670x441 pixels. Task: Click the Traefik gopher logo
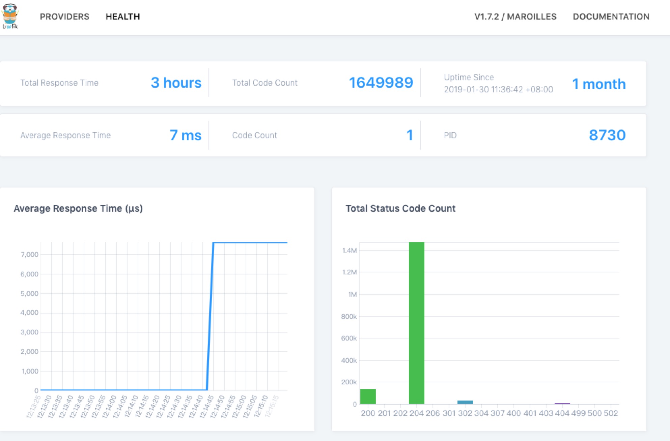10,16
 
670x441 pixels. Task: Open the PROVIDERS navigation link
64,17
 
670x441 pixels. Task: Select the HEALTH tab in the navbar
122,17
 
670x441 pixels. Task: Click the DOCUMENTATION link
611,17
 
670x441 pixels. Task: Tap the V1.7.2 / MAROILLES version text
515,17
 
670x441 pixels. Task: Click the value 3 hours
176,83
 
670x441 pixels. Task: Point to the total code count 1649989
381,83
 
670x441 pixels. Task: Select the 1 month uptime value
599,84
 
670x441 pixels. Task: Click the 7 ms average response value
186,135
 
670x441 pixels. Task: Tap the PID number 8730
607,135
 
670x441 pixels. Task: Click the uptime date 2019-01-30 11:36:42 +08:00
498,89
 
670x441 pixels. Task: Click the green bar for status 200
368,396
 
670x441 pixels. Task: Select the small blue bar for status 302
465,402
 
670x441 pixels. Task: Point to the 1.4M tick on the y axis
349,251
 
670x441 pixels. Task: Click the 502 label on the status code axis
611,413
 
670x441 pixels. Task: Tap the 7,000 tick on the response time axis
29,255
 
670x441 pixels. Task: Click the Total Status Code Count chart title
400,208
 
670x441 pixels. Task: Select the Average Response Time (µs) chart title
78,208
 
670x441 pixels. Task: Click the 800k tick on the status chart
349,317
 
